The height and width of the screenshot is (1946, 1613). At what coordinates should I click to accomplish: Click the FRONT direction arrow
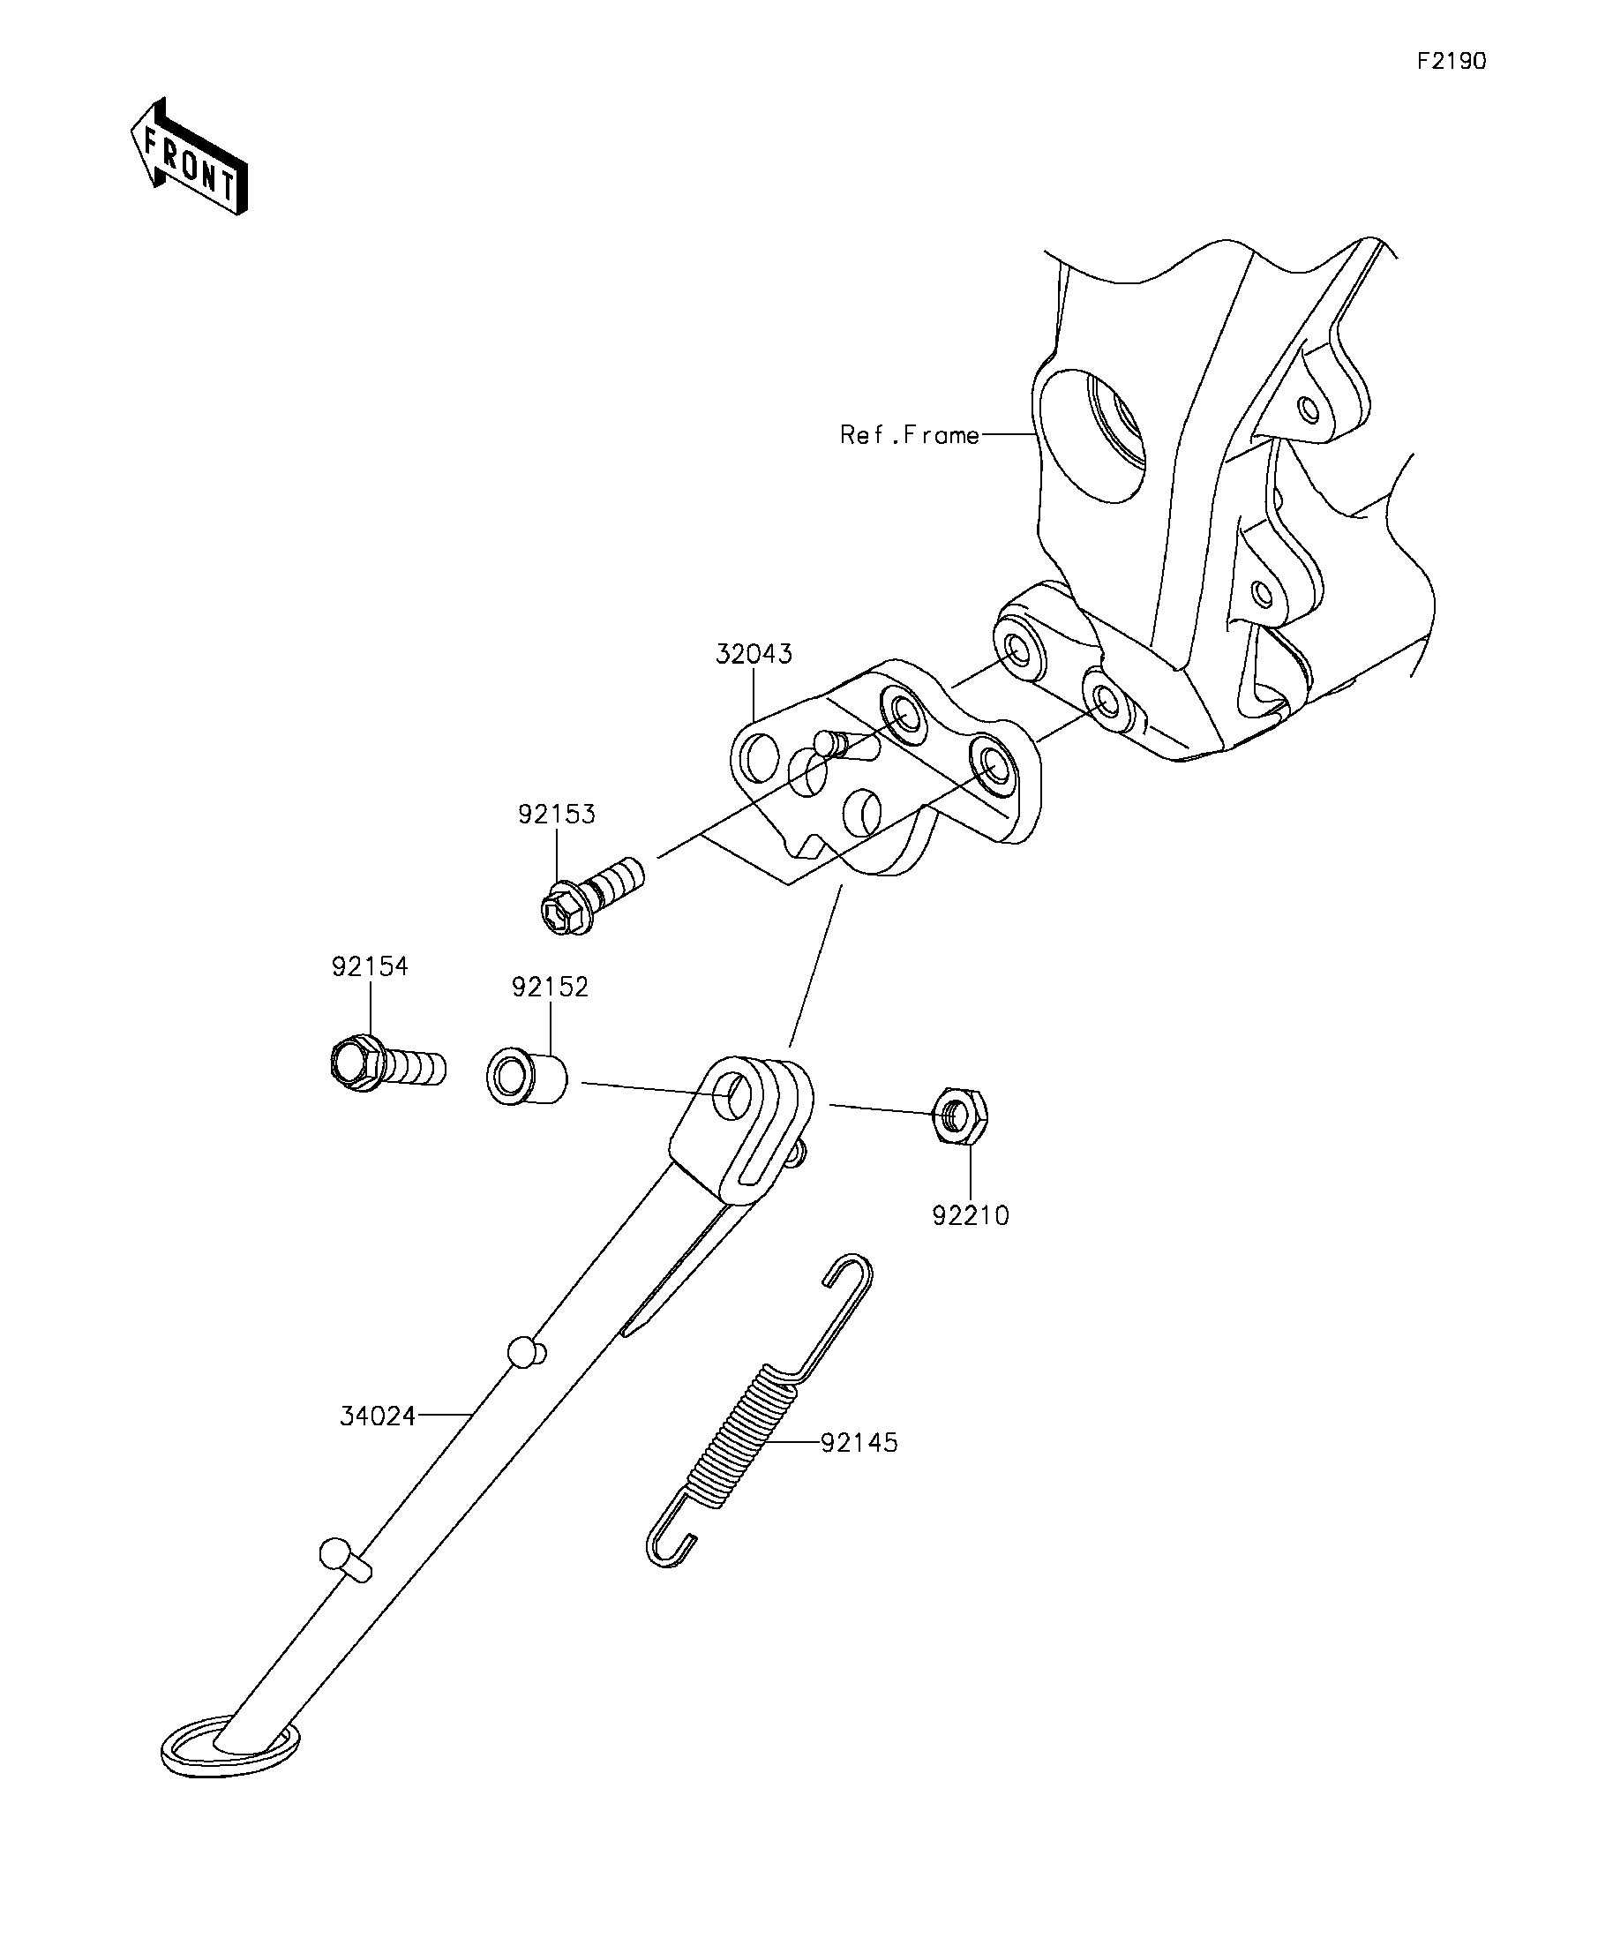point(190,156)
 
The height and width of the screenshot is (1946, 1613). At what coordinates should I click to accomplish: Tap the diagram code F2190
point(1451,61)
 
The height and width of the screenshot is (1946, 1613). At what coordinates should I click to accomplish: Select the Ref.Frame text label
point(909,434)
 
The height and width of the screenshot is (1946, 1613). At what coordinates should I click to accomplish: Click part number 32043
point(754,654)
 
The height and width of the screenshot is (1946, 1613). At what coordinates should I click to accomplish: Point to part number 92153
point(556,815)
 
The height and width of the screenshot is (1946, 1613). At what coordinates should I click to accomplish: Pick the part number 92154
point(370,966)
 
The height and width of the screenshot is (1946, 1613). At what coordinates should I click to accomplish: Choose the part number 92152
point(551,987)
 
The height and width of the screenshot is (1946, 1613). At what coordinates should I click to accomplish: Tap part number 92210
point(971,1215)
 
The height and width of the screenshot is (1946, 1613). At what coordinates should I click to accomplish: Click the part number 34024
point(378,1416)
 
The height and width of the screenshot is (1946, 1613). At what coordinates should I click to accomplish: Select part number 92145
point(859,1443)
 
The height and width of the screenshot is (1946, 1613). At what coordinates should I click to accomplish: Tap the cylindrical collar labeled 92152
point(526,1075)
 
